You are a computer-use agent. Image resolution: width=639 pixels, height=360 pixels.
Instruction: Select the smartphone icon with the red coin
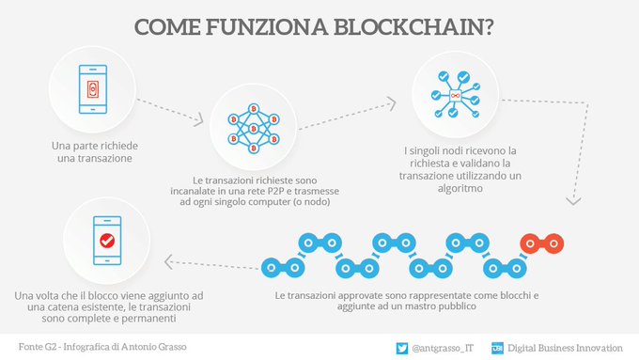(x=91, y=88)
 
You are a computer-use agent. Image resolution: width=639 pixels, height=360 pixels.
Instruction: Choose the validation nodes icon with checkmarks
(x=454, y=95)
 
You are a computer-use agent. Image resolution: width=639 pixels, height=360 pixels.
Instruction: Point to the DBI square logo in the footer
(x=497, y=348)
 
